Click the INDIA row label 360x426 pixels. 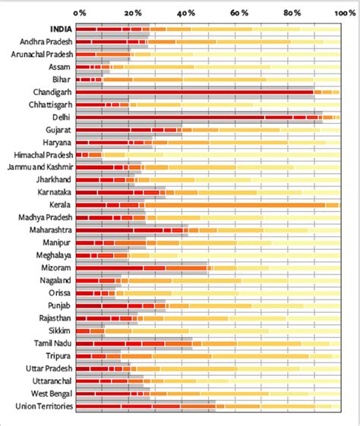coord(58,29)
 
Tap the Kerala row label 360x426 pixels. coord(59,205)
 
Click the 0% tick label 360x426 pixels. coord(80,13)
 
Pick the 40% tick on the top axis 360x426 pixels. coord(185,13)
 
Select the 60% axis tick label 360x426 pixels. coord(238,13)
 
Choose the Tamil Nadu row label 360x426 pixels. coord(52,343)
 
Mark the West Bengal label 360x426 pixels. coord(50,393)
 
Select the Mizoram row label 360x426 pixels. coord(55,268)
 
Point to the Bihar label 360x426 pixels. coord(62,79)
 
